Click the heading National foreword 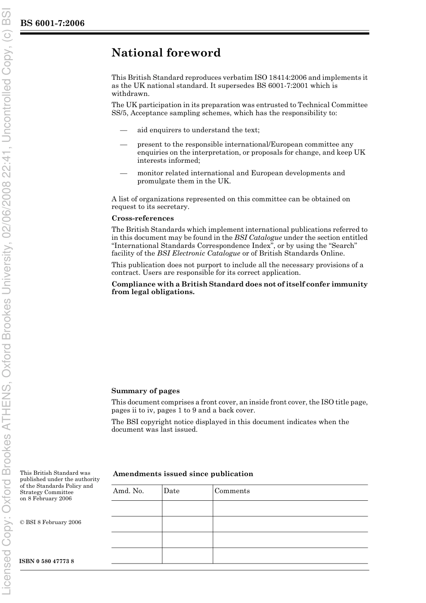pos(166,53)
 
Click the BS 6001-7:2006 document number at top pos(52,23)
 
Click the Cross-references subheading pos(143,218)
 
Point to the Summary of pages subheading pos(145,391)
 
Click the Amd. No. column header pos(128,491)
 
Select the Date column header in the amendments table pos(171,491)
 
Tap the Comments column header pos(232,491)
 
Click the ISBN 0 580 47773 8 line pos(47,561)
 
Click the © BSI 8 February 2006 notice pos(51,522)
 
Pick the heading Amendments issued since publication pos(183,474)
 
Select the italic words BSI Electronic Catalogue pos(199,253)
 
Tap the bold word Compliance pos(131,284)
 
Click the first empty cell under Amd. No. pos(136,508)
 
